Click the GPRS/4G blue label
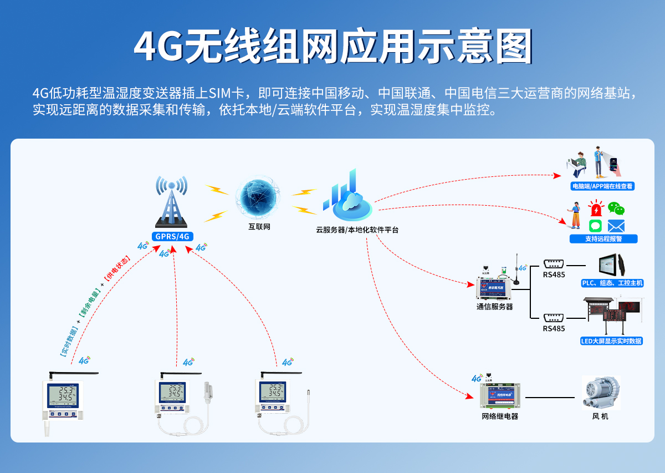coord(172,236)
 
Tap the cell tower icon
coord(172,203)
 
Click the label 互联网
coord(259,227)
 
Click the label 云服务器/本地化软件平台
coord(357,230)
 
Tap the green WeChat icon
coord(616,208)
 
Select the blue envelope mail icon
coord(616,226)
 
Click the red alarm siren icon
coord(596,210)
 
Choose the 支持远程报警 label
coord(603,239)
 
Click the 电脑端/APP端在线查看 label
coord(602,187)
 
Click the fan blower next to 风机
coord(600,393)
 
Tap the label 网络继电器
coord(500,416)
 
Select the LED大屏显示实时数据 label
coord(611,341)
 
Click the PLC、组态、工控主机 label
coord(612,283)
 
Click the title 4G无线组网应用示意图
coord(332,47)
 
